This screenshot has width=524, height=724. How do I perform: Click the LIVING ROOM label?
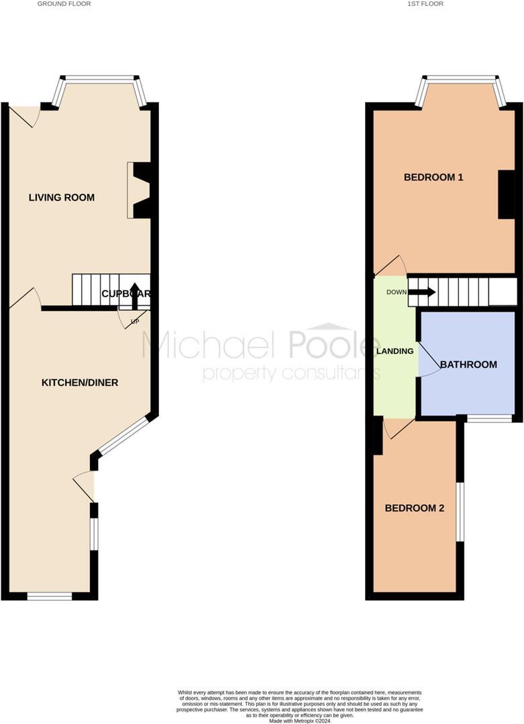click(62, 198)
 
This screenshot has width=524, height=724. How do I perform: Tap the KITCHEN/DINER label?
click(80, 383)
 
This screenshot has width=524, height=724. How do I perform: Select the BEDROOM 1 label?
click(433, 178)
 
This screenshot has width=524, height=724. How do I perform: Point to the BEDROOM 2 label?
click(415, 508)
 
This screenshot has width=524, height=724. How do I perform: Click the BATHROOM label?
click(468, 365)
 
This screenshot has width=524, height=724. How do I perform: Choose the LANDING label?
click(395, 351)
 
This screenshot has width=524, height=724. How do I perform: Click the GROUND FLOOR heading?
click(64, 4)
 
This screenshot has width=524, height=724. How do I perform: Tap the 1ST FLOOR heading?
click(425, 4)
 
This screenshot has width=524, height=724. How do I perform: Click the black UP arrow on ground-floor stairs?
click(134, 294)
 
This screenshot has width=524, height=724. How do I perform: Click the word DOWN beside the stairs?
click(396, 292)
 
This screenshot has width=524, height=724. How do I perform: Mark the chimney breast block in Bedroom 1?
click(507, 194)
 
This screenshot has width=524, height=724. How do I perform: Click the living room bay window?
click(99, 80)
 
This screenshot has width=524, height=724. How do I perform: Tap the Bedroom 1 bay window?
click(462, 80)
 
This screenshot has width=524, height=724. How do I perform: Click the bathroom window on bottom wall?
click(489, 419)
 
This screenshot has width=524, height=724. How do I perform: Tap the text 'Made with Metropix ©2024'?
click(299, 721)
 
